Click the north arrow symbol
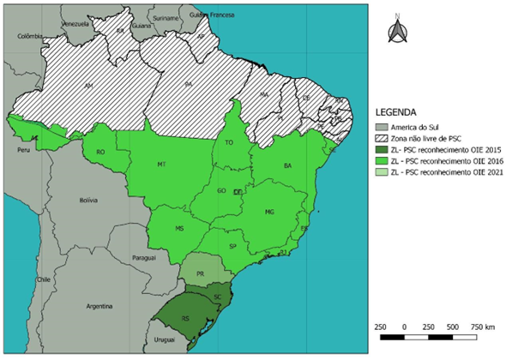[x=397, y=31]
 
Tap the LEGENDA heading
[x=396, y=112]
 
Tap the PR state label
[x=201, y=274]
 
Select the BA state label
[x=288, y=165]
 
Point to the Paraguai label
[x=145, y=257]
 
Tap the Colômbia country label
[x=29, y=36]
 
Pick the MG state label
[x=269, y=211]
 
